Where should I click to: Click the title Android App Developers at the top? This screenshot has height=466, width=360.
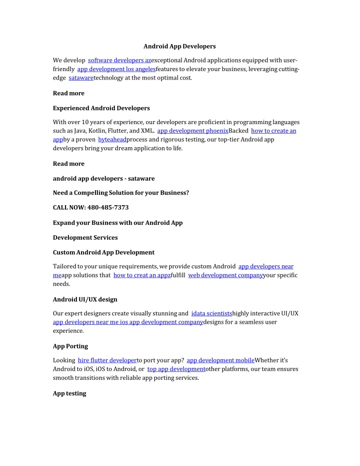tap(179, 46)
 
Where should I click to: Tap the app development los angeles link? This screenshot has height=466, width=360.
tap(116, 69)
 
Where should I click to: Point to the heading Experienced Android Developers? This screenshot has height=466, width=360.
tap(101, 108)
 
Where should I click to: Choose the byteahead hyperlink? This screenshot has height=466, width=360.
tap(112, 140)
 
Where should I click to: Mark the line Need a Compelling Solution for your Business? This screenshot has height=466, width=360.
tap(120, 193)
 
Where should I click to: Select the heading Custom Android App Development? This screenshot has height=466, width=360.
tap(103, 252)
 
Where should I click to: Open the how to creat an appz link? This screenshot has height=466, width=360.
tap(141, 275)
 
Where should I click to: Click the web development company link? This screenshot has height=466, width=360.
tap(225, 275)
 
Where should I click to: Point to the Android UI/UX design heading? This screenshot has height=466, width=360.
tap(85, 299)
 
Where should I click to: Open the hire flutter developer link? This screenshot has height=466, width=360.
tap(107, 360)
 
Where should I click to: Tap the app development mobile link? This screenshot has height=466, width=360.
tap(220, 360)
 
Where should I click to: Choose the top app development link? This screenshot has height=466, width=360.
tap(176, 369)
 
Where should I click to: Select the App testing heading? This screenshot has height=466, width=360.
tap(69, 393)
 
